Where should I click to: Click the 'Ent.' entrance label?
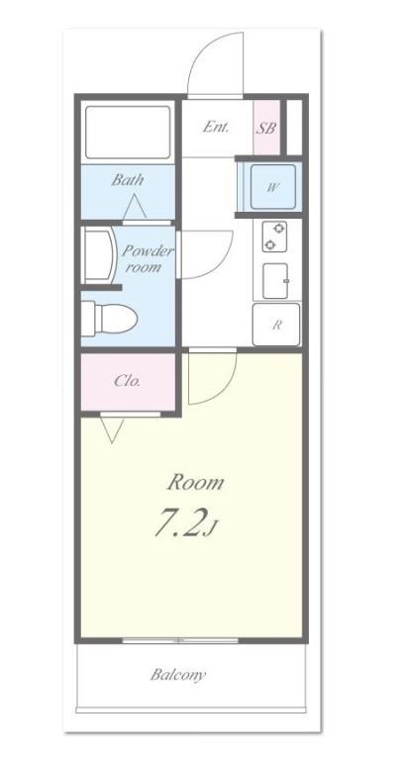click(216, 127)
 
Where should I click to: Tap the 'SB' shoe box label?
click(265, 128)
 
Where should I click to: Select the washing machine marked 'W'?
click(270, 186)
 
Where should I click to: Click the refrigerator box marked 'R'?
click(276, 325)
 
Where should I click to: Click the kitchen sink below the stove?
click(276, 281)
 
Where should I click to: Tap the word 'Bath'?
click(127, 180)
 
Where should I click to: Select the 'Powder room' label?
click(148, 259)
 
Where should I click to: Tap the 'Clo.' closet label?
click(127, 380)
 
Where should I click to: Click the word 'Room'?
click(193, 483)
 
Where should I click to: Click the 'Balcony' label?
click(178, 675)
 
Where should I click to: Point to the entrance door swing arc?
click(216, 64)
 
